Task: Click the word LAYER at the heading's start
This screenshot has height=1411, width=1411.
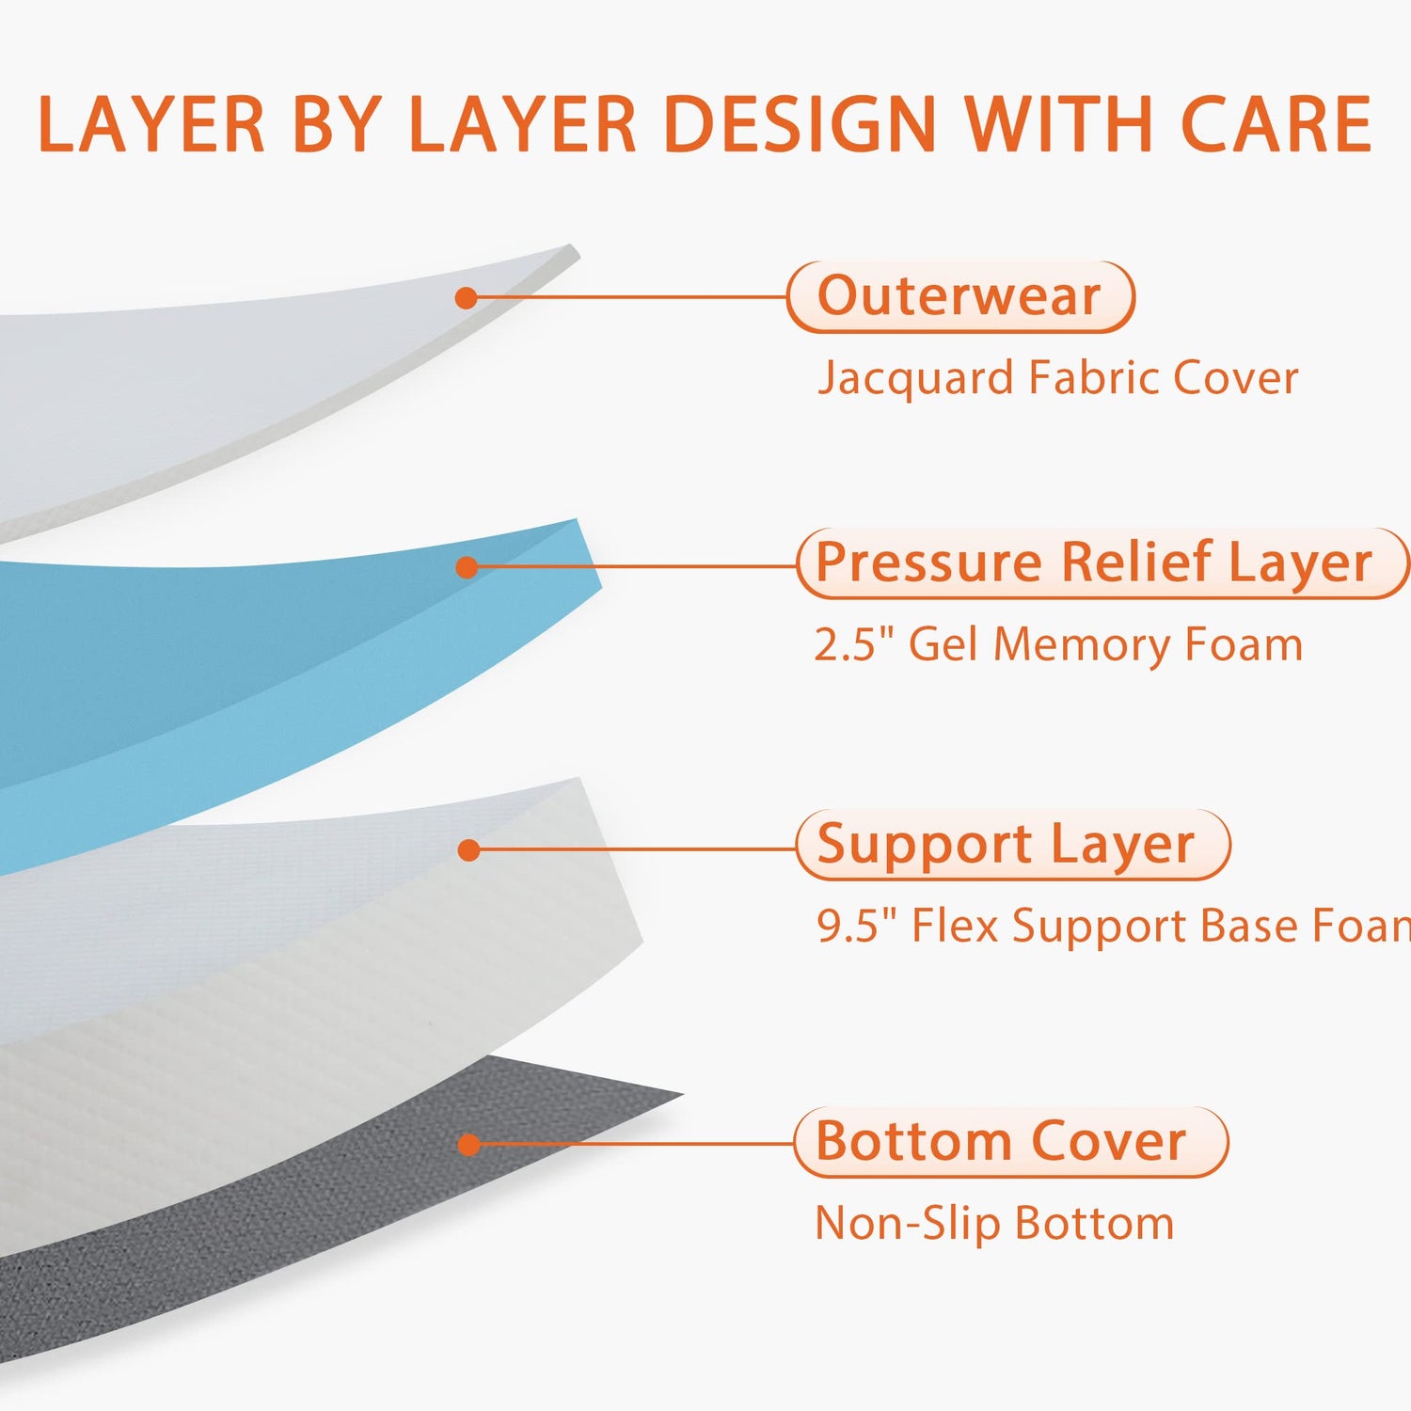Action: click(151, 124)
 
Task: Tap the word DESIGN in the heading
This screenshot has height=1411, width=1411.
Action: click(800, 124)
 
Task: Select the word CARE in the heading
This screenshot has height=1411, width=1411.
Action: click(1276, 124)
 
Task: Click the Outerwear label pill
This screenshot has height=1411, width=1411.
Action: click(960, 297)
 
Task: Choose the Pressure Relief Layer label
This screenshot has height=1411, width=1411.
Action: click(1102, 563)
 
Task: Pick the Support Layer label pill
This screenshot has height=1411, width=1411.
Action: click(1013, 845)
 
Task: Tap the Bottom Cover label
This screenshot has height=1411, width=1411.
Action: click(1011, 1142)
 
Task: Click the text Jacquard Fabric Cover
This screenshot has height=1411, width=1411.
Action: click(1057, 378)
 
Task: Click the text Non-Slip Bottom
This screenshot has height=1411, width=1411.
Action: click(994, 1224)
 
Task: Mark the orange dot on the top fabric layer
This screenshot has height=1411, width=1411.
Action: click(466, 298)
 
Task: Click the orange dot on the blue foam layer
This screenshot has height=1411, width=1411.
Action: click(467, 567)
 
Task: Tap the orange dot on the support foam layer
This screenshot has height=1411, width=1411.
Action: click(468, 850)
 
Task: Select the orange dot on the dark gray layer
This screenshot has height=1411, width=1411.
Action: click(469, 1145)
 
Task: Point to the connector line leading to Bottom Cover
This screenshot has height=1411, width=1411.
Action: click(637, 1144)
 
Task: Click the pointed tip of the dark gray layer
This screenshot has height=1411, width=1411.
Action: click(682, 1094)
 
